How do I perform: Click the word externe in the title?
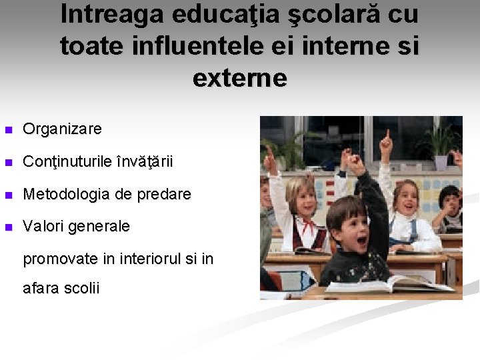(240, 79)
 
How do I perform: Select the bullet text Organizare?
(62, 129)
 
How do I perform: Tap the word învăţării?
(144, 162)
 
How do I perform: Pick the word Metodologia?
(65, 195)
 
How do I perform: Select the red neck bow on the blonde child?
(307, 227)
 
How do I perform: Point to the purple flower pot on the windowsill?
(441, 162)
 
